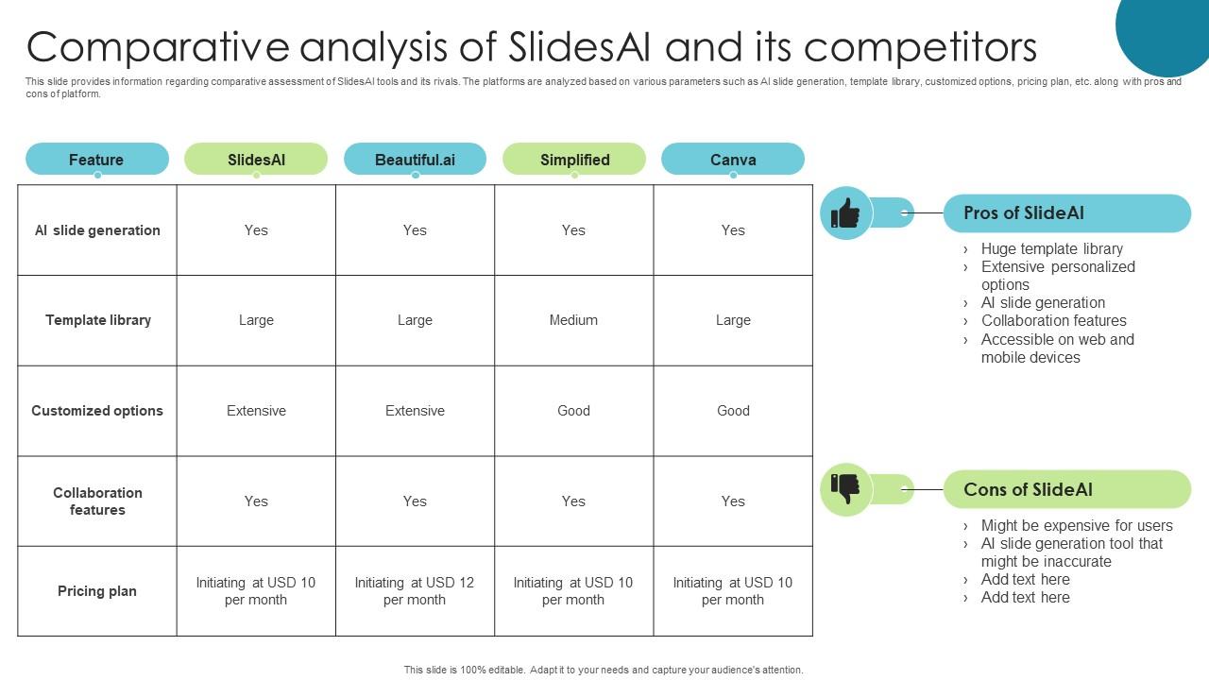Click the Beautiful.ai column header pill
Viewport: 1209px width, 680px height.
415,160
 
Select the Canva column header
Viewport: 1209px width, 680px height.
733,160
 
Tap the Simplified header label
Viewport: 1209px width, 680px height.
574,160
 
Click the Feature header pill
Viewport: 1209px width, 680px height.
96,160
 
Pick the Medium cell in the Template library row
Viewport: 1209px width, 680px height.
573,320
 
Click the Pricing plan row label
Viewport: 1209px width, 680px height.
97,591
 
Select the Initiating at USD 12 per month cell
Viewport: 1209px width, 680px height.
415,591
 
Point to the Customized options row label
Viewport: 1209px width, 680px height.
97,411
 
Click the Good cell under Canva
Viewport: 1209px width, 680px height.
733,411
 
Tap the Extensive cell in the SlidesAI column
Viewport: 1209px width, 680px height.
256,411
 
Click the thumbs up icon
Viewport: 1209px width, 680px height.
845,213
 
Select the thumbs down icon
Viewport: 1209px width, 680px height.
845,489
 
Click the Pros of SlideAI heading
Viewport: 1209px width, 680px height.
1024,213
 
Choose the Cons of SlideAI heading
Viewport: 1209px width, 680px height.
1028,489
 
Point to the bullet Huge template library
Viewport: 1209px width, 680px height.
1051,249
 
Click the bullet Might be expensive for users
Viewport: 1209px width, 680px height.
1076,526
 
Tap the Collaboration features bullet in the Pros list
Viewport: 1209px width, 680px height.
1053,321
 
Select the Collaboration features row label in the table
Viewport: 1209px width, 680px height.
97,501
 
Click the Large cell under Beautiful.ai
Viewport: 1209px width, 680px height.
415,320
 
